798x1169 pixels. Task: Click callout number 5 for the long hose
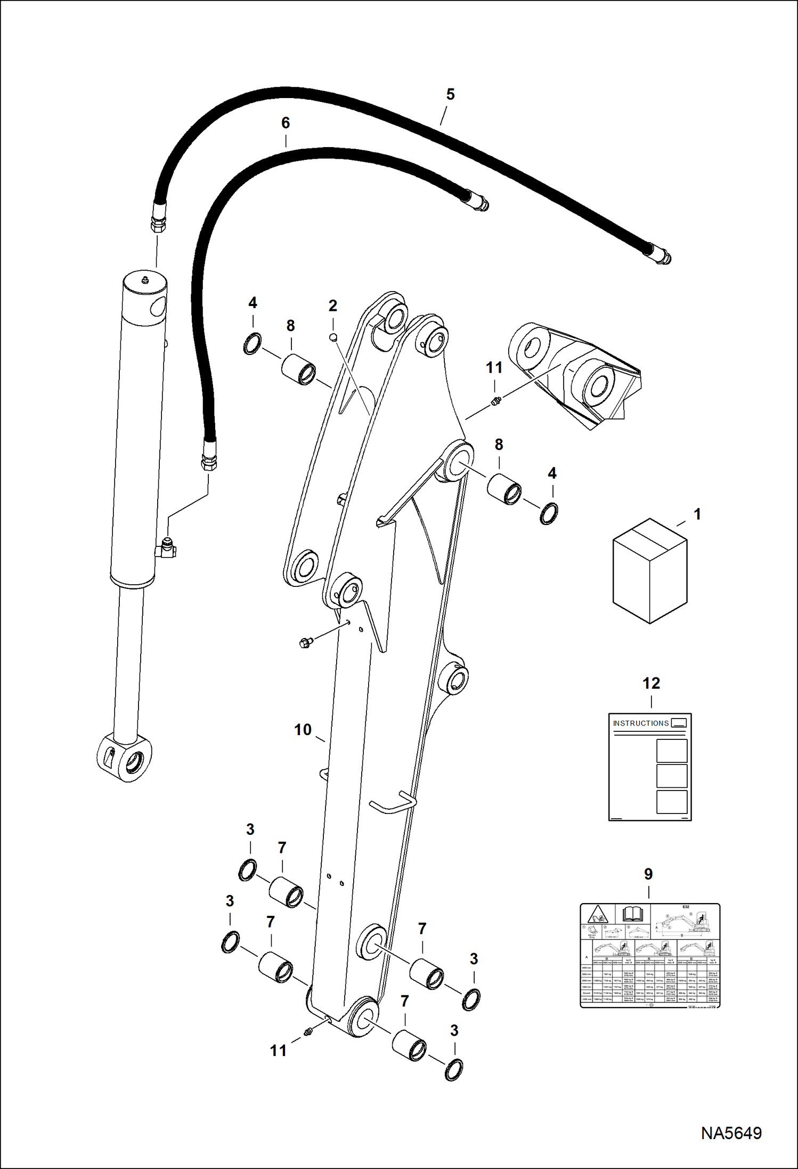(x=450, y=94)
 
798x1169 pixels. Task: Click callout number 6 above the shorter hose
(x=286, y=123)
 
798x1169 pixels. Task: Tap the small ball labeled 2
(x=332, y=337)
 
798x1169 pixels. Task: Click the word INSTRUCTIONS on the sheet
(x=640, y=723)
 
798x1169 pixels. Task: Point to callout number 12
(x=651, y=683)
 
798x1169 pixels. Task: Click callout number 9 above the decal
(x=648, y=874)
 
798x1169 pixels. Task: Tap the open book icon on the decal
(x=633, y=915)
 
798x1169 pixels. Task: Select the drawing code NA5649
(x=731, y=1133)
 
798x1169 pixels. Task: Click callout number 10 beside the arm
(x=303, y=730)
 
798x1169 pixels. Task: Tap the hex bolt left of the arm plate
(x=305, y=643)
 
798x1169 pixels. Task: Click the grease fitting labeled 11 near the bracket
(x=496, y=400)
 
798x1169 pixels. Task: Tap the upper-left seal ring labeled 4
(x=253, y=343)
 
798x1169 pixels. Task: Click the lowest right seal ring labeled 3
(x=453, y=1070)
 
